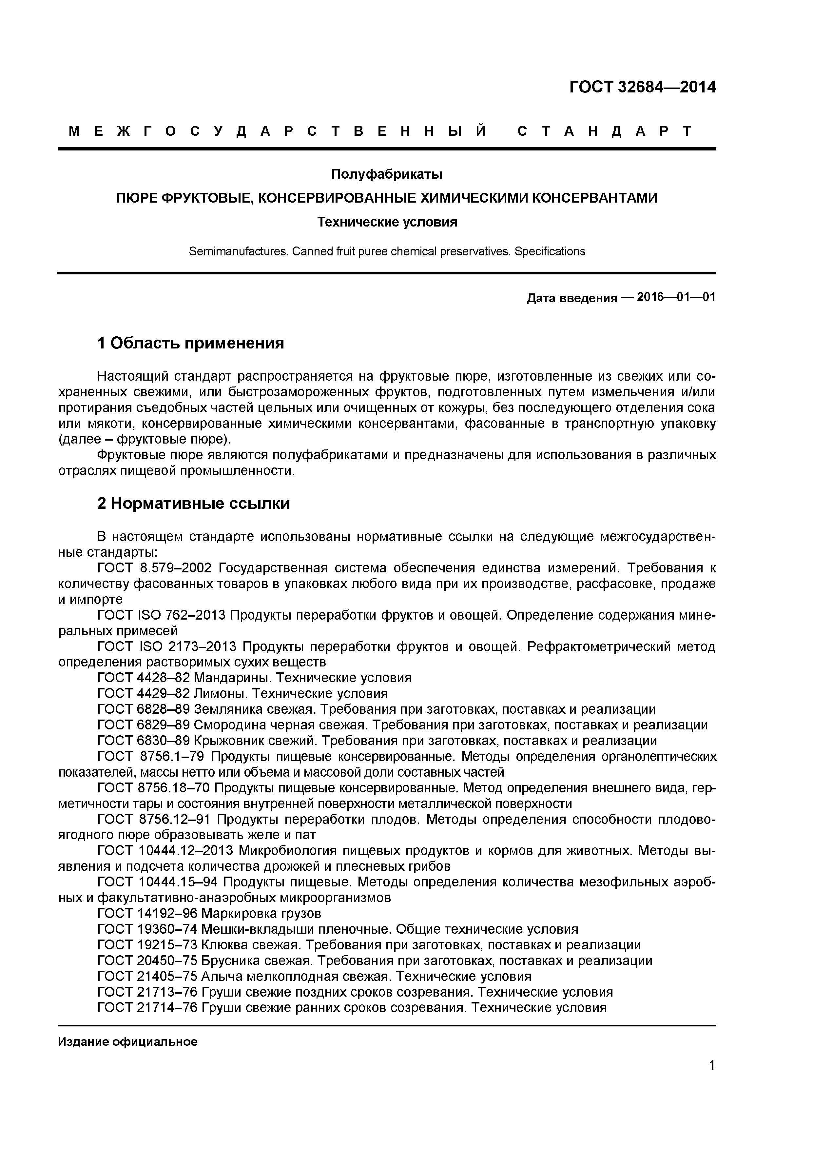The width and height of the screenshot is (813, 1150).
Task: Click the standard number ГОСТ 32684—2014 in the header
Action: (x=642, y=87)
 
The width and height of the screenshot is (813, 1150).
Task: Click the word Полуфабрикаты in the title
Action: (x=386, y=174)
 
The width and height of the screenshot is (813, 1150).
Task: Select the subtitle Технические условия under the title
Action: (x=387, y=222)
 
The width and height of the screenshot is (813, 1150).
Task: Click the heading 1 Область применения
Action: (x=190, y=343)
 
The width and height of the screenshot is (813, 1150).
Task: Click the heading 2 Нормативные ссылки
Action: (x=193, y=504)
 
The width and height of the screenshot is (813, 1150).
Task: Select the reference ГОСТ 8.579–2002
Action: (x=155, y=568)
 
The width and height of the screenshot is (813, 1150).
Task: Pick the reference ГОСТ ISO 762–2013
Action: (x=162, y=615)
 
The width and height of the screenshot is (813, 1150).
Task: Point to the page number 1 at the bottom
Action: (x=712, y=1079)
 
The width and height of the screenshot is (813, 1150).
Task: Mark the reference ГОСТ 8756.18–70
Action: (x=154, y=788)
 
